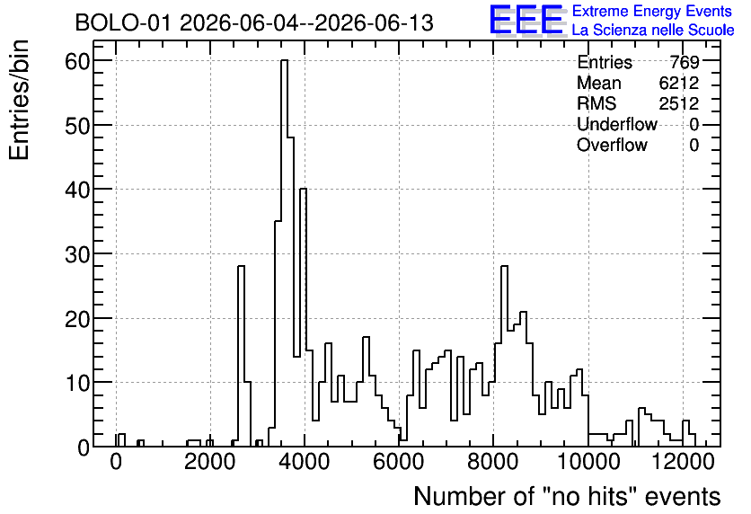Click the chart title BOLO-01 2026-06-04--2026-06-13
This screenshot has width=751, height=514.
[x=254, y=22]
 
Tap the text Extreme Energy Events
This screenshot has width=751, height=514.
[x=652, y=11]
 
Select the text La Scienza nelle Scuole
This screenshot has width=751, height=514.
[x=653, y=30]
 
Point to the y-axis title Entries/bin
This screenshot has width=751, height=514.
[x=19, y=100]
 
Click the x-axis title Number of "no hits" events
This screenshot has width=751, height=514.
[x=567, y=496]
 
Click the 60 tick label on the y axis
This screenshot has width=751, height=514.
[x=77, y=61]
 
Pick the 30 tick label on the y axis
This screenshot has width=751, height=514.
[x=77, y=254]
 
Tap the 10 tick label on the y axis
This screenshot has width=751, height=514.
[x=77, y=383]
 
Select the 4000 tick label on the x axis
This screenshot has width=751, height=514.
[x=305, y=462]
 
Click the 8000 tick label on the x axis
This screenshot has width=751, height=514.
[x=493, y=462]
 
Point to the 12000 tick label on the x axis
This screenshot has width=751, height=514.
[x=683, y=462]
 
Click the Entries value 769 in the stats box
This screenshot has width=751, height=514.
[x=685, y=62]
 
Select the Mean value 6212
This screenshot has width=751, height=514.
[x=678, y=83]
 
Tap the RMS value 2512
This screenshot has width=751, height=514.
[x=678, y=103]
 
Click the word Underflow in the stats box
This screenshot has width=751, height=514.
[x=617, y=124]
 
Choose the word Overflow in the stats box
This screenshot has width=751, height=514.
[x=612, y=145]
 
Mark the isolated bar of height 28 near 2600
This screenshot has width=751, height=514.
[x=241, y=356]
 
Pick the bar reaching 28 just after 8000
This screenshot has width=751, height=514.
[x=504, y=356]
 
